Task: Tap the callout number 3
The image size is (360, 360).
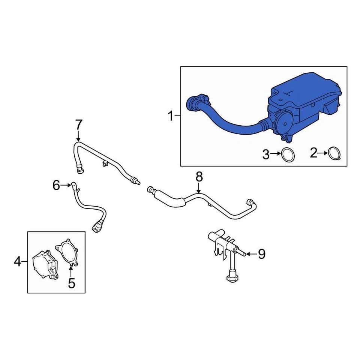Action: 266,154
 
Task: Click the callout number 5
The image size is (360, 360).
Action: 71,283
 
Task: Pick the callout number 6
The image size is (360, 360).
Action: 56,185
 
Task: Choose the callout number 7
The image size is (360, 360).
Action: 78,124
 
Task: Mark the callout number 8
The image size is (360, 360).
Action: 199,176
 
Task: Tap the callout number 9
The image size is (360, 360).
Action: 261,255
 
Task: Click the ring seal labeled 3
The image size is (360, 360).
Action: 288,154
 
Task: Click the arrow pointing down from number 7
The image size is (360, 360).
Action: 78,136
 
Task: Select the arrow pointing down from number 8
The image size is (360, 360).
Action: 199,187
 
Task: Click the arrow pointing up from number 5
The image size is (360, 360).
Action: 71,271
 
